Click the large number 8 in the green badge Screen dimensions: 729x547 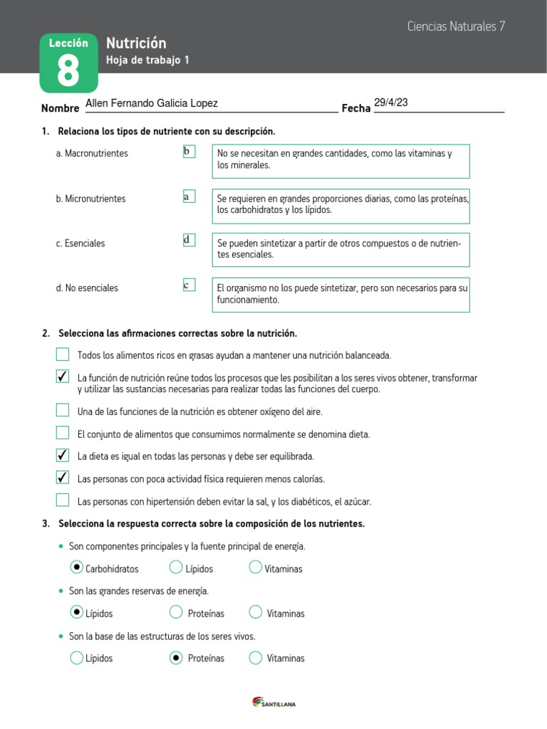pos(68,72)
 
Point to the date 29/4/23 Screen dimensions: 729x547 pos(391,103)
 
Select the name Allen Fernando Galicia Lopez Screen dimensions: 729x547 pos(151,104)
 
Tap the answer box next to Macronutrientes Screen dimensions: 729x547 pos(189,152)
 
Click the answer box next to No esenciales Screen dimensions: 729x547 pos(189,285)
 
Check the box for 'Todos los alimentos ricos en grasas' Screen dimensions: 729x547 pos(63,355)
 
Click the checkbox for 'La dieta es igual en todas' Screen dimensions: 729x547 pos(63,455)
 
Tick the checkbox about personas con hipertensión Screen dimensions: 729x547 pos(63,500)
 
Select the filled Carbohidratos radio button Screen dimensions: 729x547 pos(77,567)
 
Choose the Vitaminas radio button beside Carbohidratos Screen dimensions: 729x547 pos(256,567)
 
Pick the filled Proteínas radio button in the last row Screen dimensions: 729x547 pos(176,658)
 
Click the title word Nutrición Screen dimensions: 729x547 pos(136,43)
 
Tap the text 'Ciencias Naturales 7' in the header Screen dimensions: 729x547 pos(456,26)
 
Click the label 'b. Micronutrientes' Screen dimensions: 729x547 pos(90,199)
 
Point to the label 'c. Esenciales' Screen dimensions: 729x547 pos(80,243)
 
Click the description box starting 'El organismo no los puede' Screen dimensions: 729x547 pos(341,295)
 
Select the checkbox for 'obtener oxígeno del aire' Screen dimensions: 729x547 pos(63,410)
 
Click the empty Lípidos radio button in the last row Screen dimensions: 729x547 pos(77,658)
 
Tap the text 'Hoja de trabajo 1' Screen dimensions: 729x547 pos(147,61)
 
